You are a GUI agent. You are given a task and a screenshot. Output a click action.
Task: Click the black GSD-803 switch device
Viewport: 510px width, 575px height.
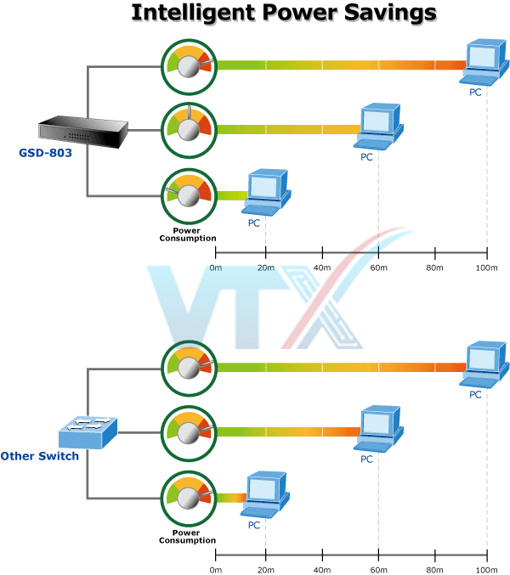(x=82, y=130)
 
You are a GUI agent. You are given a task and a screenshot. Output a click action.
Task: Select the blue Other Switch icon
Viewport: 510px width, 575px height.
(x=87, y=433)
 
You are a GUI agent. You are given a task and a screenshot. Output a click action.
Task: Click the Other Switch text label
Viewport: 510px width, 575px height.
(x=40, y=456)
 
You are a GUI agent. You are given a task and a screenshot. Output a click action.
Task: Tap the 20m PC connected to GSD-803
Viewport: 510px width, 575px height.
(x=265, y=191)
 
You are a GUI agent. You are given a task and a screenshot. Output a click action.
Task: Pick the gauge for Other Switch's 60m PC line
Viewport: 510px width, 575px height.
(x=190, y=432)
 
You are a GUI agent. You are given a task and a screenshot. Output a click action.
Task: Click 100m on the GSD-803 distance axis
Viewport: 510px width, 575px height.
(x=486, y=268)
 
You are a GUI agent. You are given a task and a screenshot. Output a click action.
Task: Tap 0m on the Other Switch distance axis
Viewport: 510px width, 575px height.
(x=215, y=570)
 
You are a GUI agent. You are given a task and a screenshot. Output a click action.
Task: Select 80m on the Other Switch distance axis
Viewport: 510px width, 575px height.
(x=434, y=570)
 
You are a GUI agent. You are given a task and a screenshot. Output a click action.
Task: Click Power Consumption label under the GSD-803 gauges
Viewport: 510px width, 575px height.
(x=188, y=234)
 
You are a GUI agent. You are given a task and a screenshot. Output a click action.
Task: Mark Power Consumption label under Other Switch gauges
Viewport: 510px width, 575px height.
(x=188, y=538)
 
